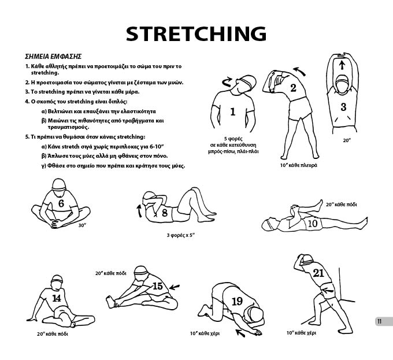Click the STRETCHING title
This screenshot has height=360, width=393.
[196, 34]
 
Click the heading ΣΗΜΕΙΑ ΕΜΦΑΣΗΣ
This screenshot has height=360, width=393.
[53, 57]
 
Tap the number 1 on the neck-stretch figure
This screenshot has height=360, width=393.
[233, 112]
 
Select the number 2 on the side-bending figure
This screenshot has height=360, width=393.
[293, 88]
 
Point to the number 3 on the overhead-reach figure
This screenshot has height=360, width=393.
[343, 107]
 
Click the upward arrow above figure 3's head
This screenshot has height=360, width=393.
[342, 64]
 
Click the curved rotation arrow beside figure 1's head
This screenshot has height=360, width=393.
[228, 81]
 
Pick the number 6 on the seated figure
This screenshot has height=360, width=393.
[61, 203]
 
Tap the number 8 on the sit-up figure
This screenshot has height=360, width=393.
[164, 213]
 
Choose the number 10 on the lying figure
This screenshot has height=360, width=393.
[312, 224]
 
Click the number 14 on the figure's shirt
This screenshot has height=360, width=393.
[57, 298]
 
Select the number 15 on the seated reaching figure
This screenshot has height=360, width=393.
[158, 286]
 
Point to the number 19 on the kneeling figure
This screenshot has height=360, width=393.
[237, 302]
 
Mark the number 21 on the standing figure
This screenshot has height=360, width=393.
[318, 273]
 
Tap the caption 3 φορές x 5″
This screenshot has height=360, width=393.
[181, 235]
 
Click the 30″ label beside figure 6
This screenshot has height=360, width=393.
[82, 225]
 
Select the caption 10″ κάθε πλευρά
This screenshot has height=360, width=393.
[299, 165]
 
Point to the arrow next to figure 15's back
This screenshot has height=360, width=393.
[175, 287]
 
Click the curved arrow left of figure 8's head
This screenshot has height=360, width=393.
[139, 211]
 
